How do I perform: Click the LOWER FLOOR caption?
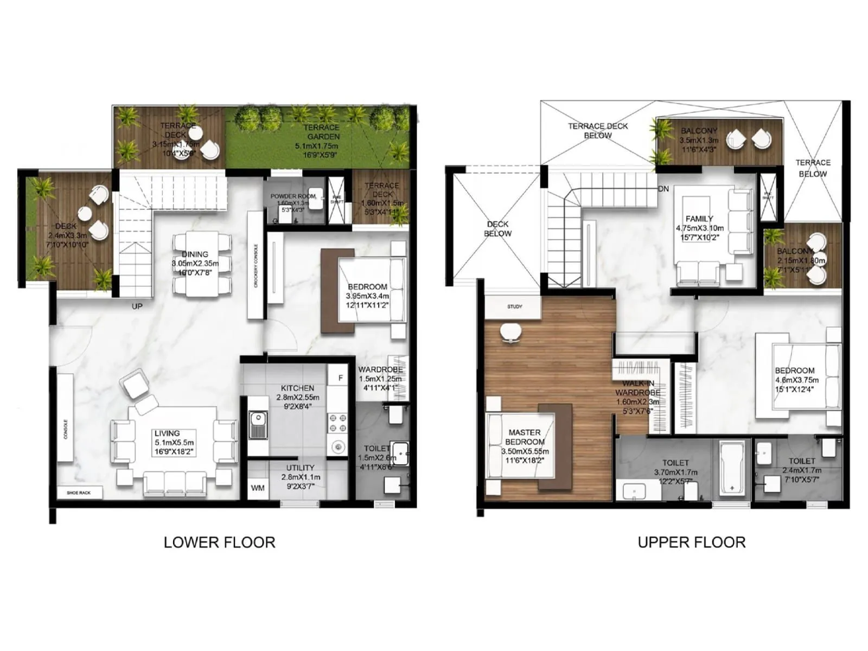pyautogui.click(x=219, y=542)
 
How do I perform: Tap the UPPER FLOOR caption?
pyautogui.click(x=691, y=542)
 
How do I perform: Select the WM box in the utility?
pyautogui.click(x=258, y=488)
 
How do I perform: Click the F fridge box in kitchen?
pyautogui.click(x=341, y=378)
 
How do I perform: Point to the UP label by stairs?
pyautogui.click(x=137, y=306)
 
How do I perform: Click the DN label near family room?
pyautogui.click(x=663, y=189)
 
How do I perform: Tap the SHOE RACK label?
pyautogui.click(x=79, y=493)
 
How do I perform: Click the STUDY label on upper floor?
pyautogui.click(x=514, y=307)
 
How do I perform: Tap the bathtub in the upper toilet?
pyautogui.click(x=731, y=468)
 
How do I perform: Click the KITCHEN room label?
pyautogui.click(x=297, y=388)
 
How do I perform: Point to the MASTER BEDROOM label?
pyautogui.click(x=525, y=437)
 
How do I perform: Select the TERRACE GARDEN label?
pyautogui.click(x=321, y=132)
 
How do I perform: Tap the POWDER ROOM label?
pyautogui.click(x=293, y=196)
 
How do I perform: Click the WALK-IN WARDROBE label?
pyautogui.click(x=637, y=388)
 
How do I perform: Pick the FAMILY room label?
pyautogui.click(x=699, y=219)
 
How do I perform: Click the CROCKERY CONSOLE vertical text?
pyautogui.click(x=256, y=265)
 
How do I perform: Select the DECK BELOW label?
pyautogui.click(x=497, y=228)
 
